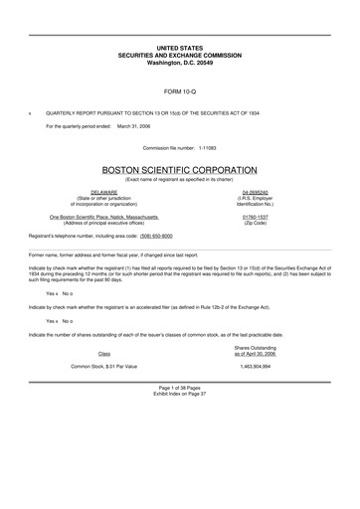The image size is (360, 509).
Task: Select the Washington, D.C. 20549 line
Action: pos(179,62)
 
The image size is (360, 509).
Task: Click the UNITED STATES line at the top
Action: pos(179,48)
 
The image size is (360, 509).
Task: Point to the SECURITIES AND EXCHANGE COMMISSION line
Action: pos(179,55)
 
